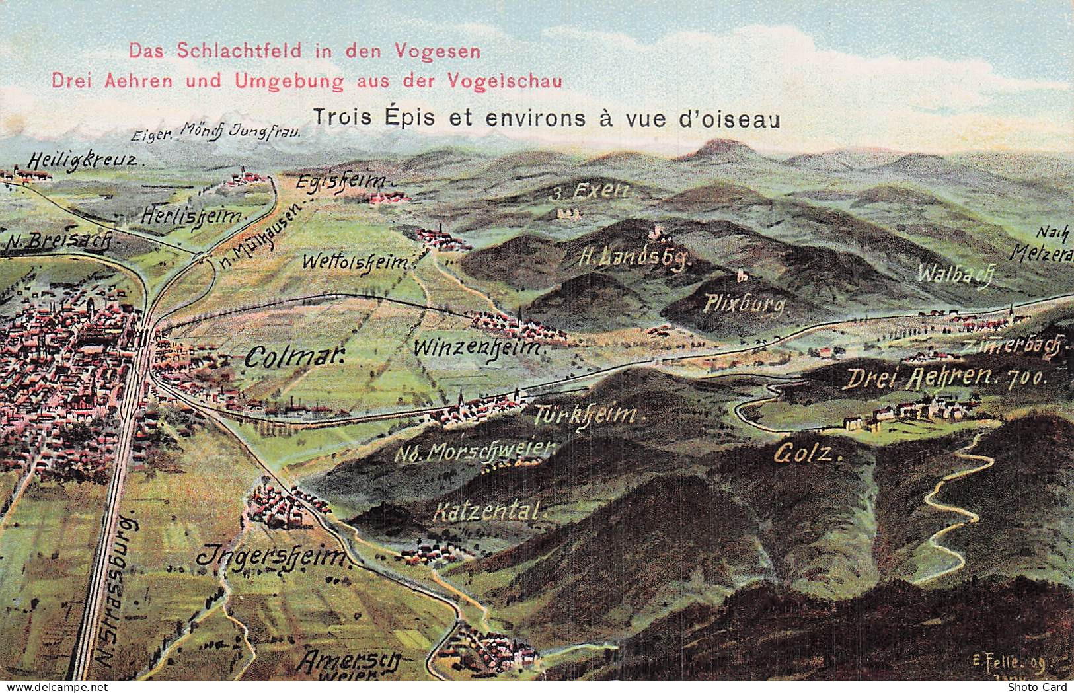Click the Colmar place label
tap(295, 357)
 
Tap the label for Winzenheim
tap(479, 347)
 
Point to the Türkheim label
tap(587, 415)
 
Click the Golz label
tap(807, 454)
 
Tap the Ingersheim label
tap(272, 557)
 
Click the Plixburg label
tap(745, 305)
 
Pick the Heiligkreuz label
tap(84, 160)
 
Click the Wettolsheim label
tap(356, 262)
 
